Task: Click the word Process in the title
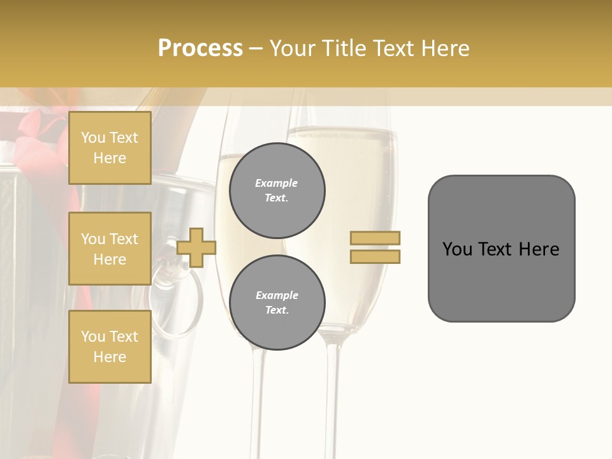[200, 48]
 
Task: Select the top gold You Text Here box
[110, 148]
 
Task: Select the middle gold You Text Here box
[110, 249]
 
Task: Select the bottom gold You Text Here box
[110, 346]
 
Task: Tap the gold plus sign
[196, 247]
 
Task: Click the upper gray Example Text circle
[277, 190]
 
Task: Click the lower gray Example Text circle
[277, 302]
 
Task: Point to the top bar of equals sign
[375, 238]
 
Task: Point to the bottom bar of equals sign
[375, 256]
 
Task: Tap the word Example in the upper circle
[277, 183]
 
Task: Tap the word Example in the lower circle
[277, 295]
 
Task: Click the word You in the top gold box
[92, 138]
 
